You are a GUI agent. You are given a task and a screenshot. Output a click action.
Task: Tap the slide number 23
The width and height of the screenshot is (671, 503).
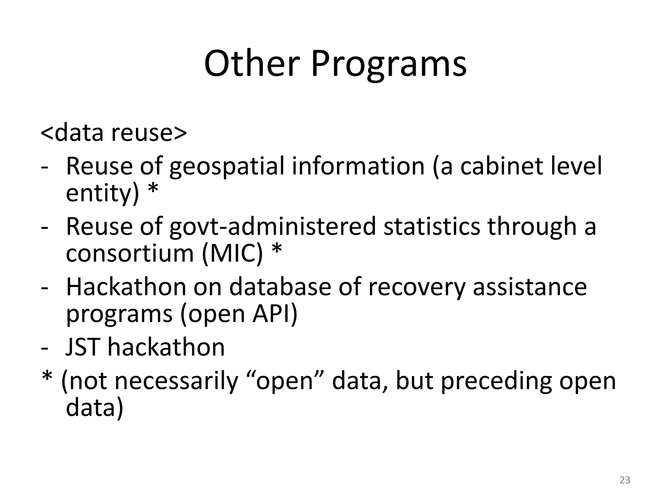click(x=625, y=480)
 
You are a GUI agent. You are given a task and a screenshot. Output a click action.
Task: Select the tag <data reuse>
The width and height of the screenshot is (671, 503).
click(x=114, y=133)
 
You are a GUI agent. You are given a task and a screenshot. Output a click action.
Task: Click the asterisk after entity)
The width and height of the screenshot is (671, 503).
click(x=153, y=190)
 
